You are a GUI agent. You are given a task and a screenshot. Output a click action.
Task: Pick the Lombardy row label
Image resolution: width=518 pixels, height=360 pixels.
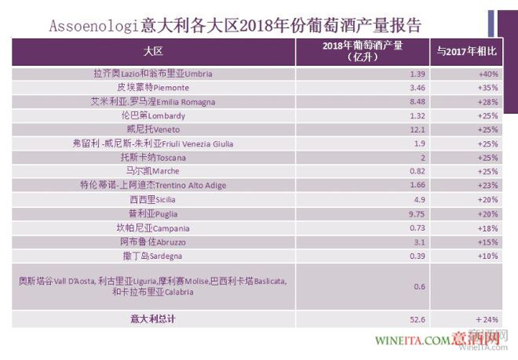tap(154, 115)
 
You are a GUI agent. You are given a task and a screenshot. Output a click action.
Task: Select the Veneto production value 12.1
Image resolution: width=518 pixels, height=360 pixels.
tap(363, 129)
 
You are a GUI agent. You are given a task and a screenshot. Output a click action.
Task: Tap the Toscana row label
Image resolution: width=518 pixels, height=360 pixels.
tap(154, 158)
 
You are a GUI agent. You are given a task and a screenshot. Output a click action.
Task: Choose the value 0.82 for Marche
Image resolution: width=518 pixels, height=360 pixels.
tap(362, 171)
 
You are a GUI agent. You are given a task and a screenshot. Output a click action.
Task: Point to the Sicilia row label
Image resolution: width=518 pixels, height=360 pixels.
tap(154, 199)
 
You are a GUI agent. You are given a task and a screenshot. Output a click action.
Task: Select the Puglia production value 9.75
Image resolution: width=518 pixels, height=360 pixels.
tap(362, 213)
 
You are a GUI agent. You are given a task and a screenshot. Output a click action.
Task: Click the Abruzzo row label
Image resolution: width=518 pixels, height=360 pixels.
tap(154, 241)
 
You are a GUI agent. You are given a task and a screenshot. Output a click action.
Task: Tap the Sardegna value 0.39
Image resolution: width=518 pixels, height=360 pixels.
tap(362, 256)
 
